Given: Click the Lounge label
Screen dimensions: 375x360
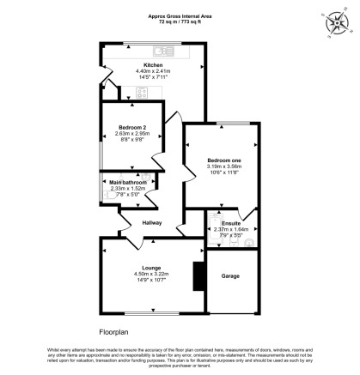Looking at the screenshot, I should [x=150, y=268].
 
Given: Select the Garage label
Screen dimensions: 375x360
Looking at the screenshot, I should [x=230, y=276].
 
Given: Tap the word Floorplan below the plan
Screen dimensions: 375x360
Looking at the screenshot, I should [x=114, y=330].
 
